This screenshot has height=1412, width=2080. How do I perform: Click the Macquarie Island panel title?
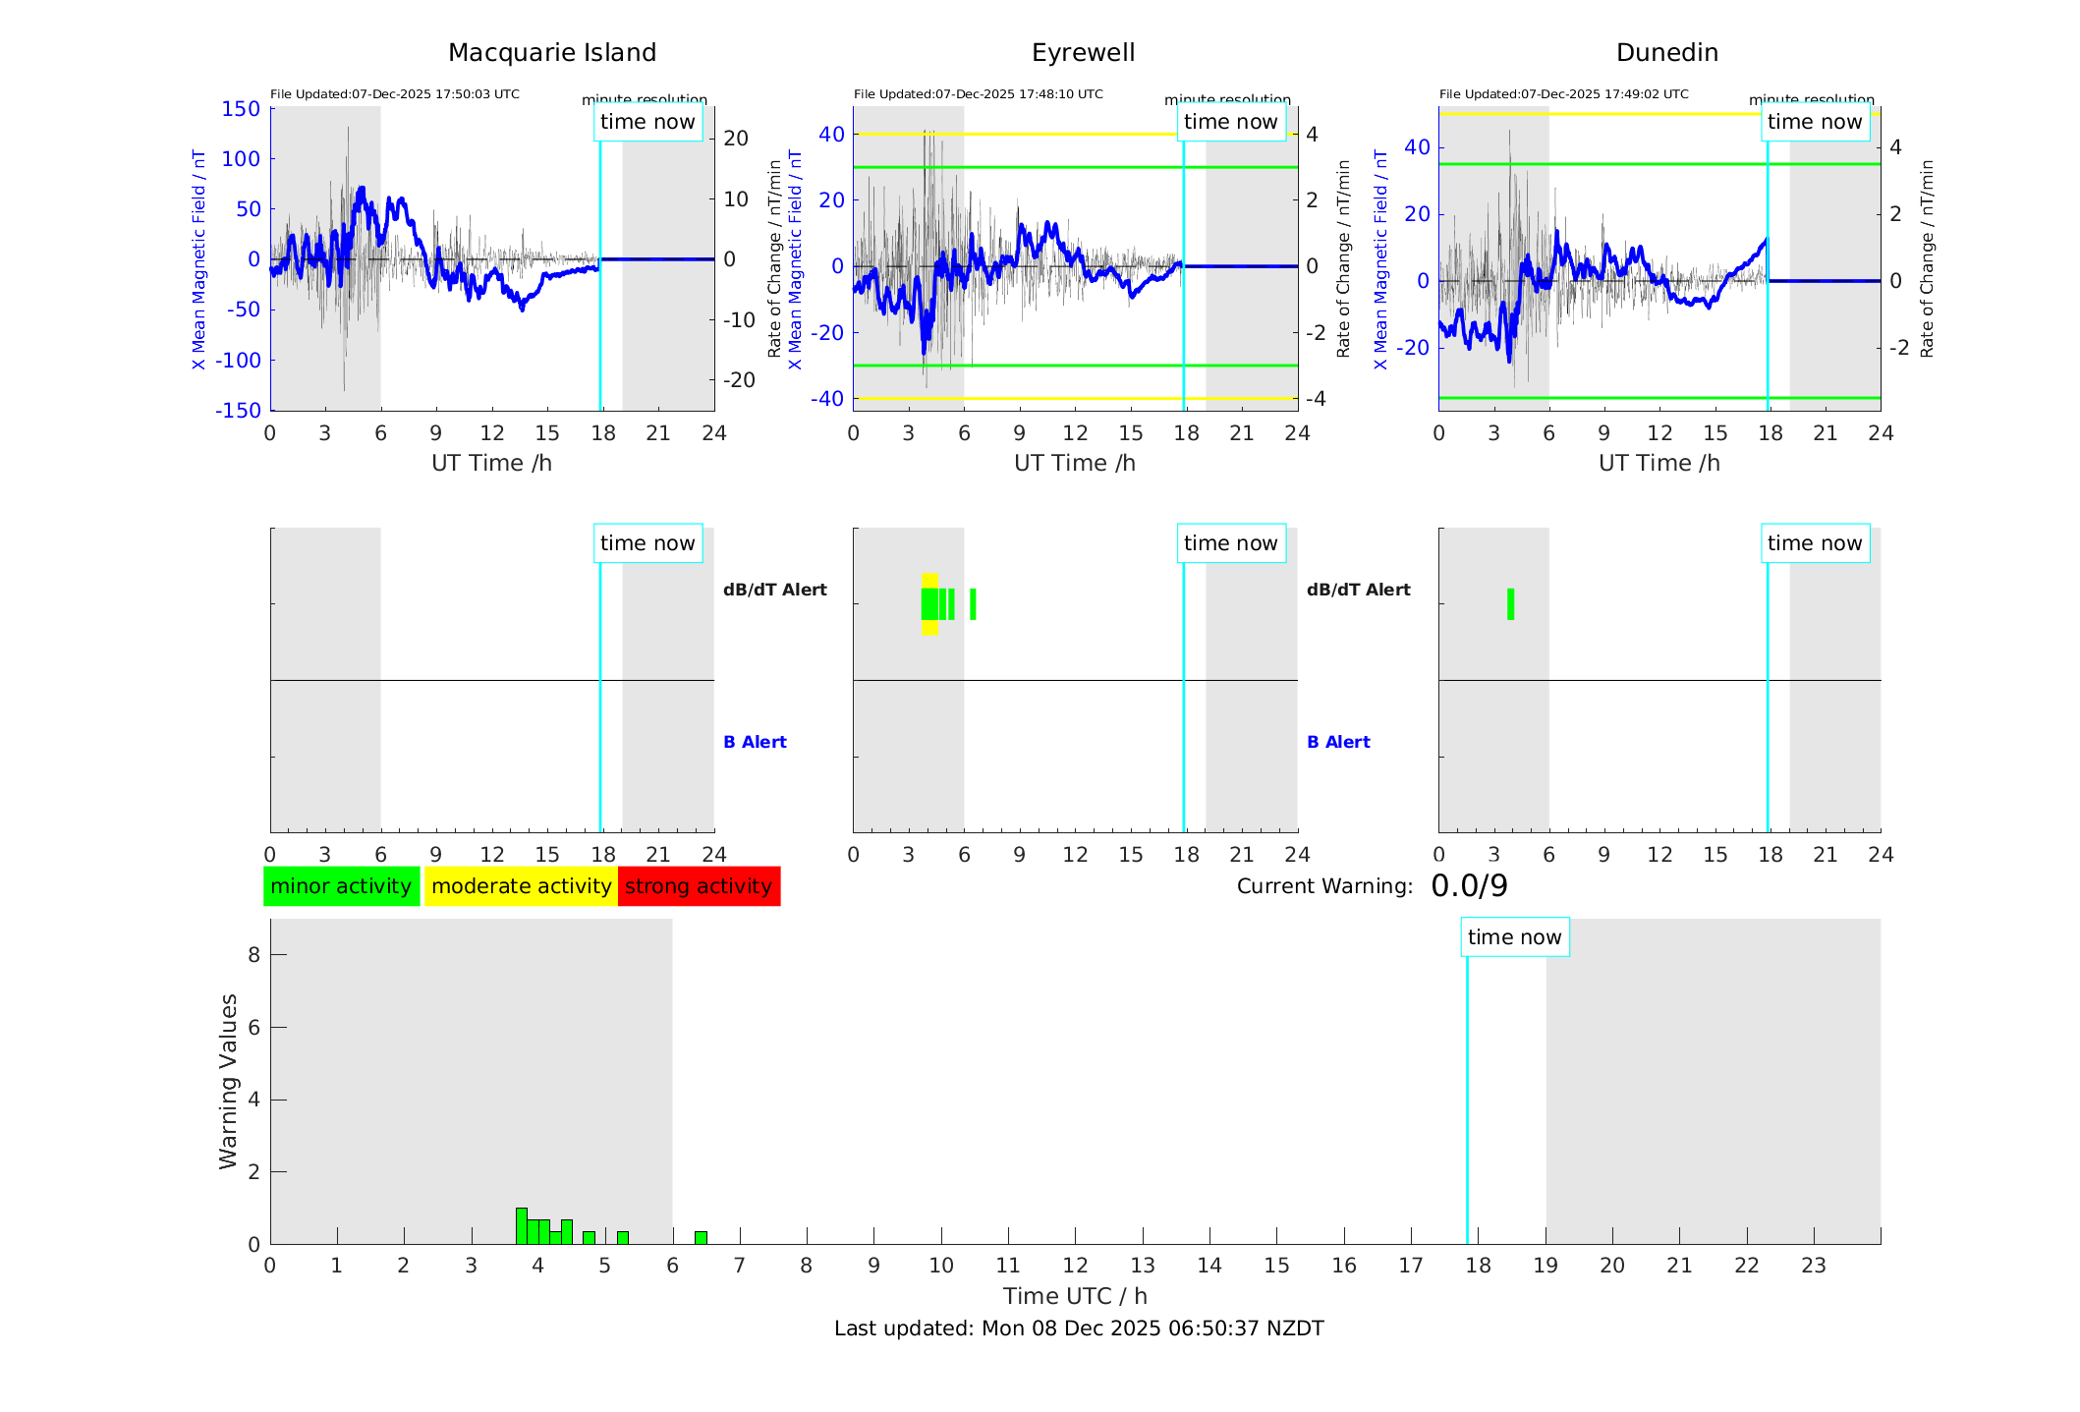(x=551, y=53)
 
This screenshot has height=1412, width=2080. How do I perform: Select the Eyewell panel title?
(x=1083, y=53)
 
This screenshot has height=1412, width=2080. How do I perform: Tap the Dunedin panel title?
(x=1666, y=53)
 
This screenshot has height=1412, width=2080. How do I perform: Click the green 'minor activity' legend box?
(x=341, y=886)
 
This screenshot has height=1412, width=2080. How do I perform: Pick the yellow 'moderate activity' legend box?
(x=521, y=886)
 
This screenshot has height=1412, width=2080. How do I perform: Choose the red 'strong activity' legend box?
(x=699, y=886)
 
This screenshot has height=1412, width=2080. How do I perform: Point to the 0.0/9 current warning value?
(x=1469, y=886)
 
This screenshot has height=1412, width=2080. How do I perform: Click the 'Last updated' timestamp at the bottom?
(x=1079, y=1328)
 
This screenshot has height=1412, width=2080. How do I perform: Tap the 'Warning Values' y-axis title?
(x=229, y=1081)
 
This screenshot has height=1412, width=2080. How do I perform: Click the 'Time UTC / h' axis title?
(x=1075, y=1296)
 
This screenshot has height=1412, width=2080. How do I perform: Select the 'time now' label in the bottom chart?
(x=1514, y=937)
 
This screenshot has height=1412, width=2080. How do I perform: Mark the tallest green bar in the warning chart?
(x=522, y=1226)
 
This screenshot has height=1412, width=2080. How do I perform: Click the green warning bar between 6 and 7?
(x=701, y=1238)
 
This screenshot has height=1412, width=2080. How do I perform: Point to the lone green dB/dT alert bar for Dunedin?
(x=1510, y=604)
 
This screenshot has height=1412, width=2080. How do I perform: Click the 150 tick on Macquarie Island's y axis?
(x=241, y=109)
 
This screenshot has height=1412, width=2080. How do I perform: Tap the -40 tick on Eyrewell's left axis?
(x=827, y=398)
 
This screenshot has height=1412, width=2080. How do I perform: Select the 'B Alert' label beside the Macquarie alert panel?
(x=755, y=742)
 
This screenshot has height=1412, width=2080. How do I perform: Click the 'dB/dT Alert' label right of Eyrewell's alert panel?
(x=1358, y=590)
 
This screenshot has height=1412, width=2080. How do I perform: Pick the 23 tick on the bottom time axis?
(x=1813, y=1266)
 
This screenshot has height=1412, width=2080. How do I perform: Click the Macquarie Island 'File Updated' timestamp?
(x=395, y=94)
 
